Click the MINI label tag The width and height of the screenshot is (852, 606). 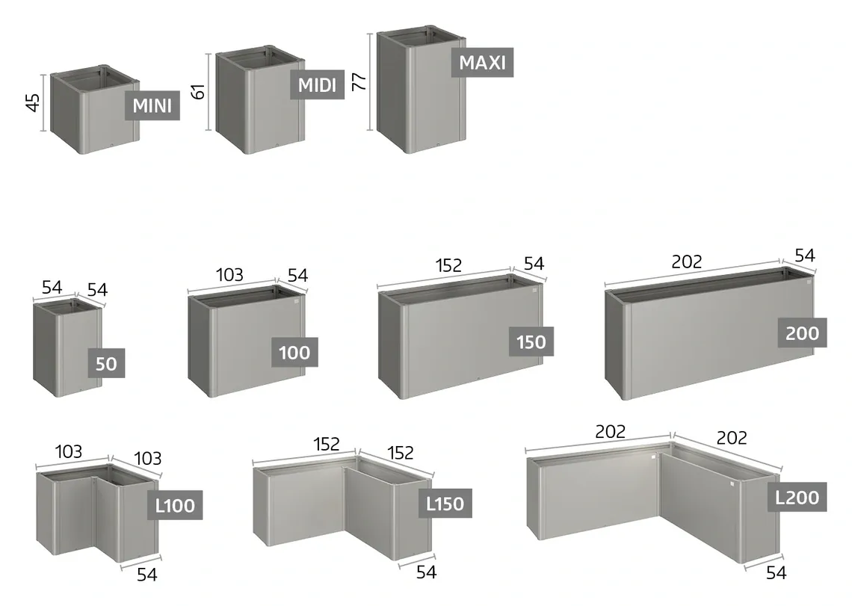(152, 105)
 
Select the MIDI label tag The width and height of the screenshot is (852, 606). (318, 84)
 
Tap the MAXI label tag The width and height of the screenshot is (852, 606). (483, 62)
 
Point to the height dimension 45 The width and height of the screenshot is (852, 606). (33, 102)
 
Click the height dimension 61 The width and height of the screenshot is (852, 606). (198, 91)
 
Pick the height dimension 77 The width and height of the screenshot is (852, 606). (359, 81)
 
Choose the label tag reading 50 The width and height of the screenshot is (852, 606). (106, 363)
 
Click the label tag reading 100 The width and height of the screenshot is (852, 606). (294, 352)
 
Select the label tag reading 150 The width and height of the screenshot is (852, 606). (531, 342)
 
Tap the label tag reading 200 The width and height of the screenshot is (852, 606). (802, 333)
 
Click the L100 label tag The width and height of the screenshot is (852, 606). (175, 505)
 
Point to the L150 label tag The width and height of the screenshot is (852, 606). (445, 504)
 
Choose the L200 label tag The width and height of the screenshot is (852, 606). (797, 497)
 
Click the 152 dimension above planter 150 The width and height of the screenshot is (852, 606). (449, 265)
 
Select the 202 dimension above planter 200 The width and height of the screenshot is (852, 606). (687, 262)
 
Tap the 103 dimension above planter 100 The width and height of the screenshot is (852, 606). (229, 275)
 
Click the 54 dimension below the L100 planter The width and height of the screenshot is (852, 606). (146, 574)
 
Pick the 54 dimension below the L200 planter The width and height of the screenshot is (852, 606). (776, 572)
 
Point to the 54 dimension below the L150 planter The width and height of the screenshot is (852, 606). (427, 572)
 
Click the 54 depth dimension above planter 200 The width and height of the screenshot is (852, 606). (805, 256)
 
